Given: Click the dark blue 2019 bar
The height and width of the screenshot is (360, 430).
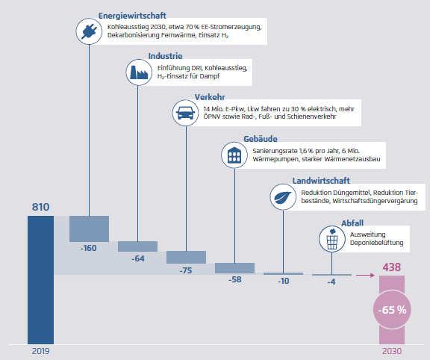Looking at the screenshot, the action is coord(40,280).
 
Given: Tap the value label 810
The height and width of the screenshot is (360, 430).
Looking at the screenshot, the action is coord(41,207).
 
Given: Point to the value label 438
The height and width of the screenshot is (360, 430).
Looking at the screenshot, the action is coord(392,267).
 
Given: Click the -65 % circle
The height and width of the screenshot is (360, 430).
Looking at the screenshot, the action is coord(392,310).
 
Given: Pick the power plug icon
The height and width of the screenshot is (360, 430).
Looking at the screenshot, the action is coord(89,31).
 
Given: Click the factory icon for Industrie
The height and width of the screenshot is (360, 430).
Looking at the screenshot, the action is coord(139,72).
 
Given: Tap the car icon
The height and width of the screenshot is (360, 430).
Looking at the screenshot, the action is coord(186,113).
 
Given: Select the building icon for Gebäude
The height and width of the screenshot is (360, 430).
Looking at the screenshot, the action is coord(234,155).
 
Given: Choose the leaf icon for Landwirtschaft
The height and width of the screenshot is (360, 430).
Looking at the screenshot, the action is coord(283,196).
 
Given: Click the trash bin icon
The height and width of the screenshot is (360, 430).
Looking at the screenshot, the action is coord(331,239).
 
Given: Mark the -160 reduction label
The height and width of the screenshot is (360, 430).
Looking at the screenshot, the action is coord(89,248).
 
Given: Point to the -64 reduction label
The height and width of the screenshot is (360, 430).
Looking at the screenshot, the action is coord(137,258).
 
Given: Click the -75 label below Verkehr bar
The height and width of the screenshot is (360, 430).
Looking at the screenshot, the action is coord(186,270).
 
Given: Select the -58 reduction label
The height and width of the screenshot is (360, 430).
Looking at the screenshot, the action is coord(235,279).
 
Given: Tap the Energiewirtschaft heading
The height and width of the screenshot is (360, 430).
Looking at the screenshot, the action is coord(132,16).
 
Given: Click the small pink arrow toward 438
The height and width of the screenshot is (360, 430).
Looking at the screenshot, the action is coord(365,275).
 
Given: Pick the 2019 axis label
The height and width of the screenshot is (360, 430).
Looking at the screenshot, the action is coord(41,351).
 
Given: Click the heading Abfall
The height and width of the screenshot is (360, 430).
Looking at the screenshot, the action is coord(352,223).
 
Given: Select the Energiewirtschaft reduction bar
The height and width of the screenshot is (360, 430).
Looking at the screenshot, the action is coord(89,229).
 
